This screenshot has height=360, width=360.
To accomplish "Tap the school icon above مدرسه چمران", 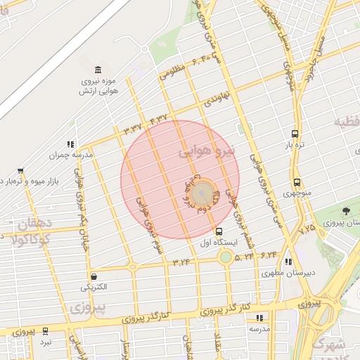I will [70, 143].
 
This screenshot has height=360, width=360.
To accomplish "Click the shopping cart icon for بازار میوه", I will [20, 171].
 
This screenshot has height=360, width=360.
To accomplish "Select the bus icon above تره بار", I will [294, 134].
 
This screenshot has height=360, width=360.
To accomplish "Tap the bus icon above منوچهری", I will [297, 182].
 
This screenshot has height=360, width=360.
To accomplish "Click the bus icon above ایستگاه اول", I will [219, 231].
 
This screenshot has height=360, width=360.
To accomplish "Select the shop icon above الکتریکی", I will [94, 276].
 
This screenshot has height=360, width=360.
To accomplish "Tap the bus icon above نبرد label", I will [46, 330].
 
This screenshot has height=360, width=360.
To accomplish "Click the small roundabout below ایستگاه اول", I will [226, 257].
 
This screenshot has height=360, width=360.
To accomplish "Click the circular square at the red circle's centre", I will [203, 191].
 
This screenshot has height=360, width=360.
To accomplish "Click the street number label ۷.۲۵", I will [307, 229].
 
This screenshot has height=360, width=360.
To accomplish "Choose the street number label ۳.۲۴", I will [181, 262].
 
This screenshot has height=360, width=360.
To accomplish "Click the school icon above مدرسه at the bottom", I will [259, 318].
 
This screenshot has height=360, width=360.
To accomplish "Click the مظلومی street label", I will [174, 70].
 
